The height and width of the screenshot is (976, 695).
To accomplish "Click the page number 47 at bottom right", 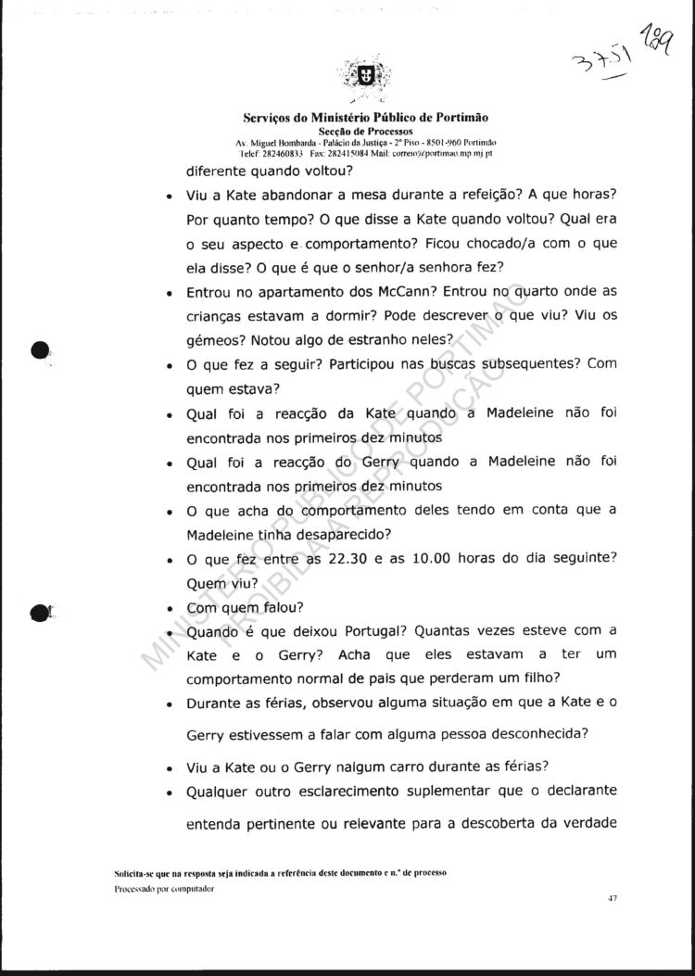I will coord(613,897).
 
